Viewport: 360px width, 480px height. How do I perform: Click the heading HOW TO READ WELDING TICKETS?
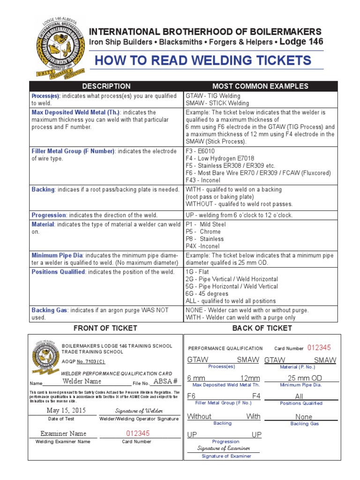[202, 60]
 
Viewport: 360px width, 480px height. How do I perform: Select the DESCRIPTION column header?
[106, 86]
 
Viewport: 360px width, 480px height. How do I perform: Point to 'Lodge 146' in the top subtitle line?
[302, 42]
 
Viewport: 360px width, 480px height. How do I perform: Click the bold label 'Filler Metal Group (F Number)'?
[73, 151]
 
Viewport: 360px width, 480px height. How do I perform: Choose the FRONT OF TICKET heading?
[105, 328]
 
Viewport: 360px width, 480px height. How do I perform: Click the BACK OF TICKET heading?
[262, 328]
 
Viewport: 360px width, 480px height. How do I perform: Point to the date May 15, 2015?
[67, 410]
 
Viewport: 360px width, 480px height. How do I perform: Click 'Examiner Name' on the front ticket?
[63, 434]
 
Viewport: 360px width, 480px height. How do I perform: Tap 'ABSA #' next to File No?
[166, 381]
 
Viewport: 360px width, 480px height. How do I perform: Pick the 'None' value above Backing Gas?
[304, 417]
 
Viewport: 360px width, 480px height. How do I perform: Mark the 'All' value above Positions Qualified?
[299, 397]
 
